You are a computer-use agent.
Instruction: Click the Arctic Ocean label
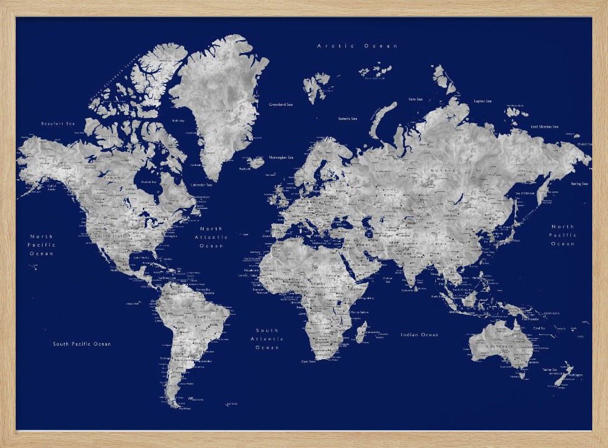click(357, 46)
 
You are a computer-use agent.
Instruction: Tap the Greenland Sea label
click(281, 105)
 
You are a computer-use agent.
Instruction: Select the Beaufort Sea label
click(57, 123)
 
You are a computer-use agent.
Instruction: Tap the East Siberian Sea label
click(544, 126)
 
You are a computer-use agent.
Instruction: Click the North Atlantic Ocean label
click(211, 237)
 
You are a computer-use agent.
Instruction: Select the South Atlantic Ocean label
click(267, 339)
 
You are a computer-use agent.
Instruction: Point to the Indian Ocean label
click(419, 335)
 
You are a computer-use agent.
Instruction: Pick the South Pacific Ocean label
click(81, 344)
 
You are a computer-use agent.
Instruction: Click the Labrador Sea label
click(201, 185)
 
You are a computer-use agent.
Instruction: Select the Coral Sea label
click(539, 328)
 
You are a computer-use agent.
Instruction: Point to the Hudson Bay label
click(147, 181)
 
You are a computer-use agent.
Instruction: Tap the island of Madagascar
click(361, 332)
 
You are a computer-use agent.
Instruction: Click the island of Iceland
click(256, 162)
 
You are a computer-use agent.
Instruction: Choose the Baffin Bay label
click(178, 120)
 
